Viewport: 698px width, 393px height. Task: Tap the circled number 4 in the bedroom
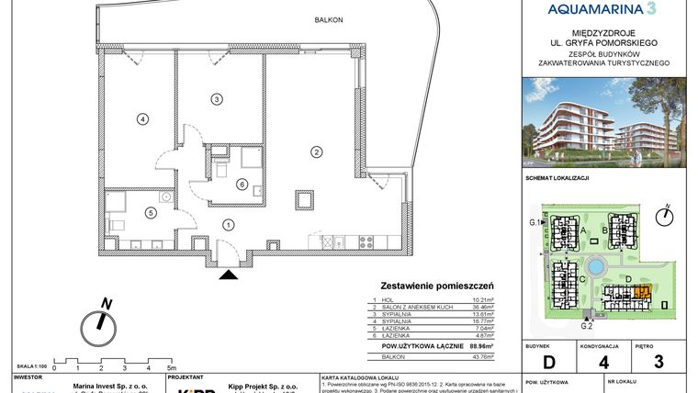pos(142,118)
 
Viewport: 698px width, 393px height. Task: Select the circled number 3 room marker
pos(217,98)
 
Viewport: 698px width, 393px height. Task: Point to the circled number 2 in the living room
pos(315,152)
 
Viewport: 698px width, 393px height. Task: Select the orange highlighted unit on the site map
pos(640,293)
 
